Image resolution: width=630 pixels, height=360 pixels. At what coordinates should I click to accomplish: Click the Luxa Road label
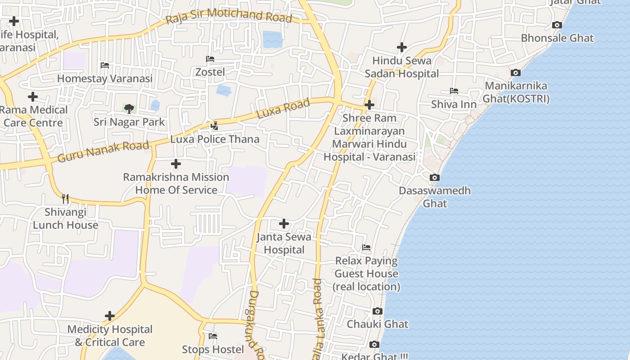283,109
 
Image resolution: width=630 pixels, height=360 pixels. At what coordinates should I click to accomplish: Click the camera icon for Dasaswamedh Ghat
434,178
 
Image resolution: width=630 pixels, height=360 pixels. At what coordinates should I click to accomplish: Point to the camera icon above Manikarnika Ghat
516,73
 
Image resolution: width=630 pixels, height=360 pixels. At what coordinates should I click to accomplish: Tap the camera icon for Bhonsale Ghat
557,25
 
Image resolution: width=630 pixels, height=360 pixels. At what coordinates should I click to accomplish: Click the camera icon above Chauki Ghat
378,311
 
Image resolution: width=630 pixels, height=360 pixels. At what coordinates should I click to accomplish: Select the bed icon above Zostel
210,59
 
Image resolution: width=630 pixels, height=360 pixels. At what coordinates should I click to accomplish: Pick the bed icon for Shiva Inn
454,91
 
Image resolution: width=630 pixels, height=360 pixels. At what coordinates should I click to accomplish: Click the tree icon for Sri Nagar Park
129,108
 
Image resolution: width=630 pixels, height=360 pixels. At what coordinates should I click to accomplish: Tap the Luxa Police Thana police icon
215,126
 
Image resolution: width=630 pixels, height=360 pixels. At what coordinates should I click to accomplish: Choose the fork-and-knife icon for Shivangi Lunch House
65,198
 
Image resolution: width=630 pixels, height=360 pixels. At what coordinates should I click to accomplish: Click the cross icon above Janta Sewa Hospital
284,224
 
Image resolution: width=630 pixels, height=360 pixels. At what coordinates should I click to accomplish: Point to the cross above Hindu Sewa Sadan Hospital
401,47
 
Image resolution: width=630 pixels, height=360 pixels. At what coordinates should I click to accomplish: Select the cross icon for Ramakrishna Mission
176,164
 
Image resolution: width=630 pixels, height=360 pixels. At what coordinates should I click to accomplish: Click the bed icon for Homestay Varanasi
105,65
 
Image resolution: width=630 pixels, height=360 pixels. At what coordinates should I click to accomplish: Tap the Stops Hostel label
213,349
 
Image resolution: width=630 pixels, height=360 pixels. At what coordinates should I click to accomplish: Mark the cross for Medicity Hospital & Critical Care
109,316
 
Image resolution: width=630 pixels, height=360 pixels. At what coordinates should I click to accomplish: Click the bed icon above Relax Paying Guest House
366,247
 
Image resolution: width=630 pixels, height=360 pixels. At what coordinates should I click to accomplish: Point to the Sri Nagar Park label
129,122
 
